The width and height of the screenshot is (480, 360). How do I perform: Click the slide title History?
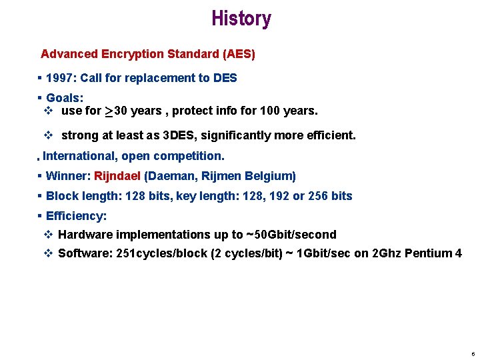[x=241, y=19]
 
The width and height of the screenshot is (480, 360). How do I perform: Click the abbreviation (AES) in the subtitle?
[x=238, y=53]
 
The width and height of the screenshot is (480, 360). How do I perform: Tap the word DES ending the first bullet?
[x=225, y=78]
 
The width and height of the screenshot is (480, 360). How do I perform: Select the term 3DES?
[x=179, y=135]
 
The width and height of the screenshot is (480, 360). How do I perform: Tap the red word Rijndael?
[x=117, y=176]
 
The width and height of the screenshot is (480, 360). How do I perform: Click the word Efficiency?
[x=76, y=216]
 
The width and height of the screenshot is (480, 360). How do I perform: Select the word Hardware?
[x=85, y=235]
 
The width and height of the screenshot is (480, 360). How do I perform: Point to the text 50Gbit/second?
[x=295, y=235]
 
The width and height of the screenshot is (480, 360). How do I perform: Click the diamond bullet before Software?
[x=47, y=253]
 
